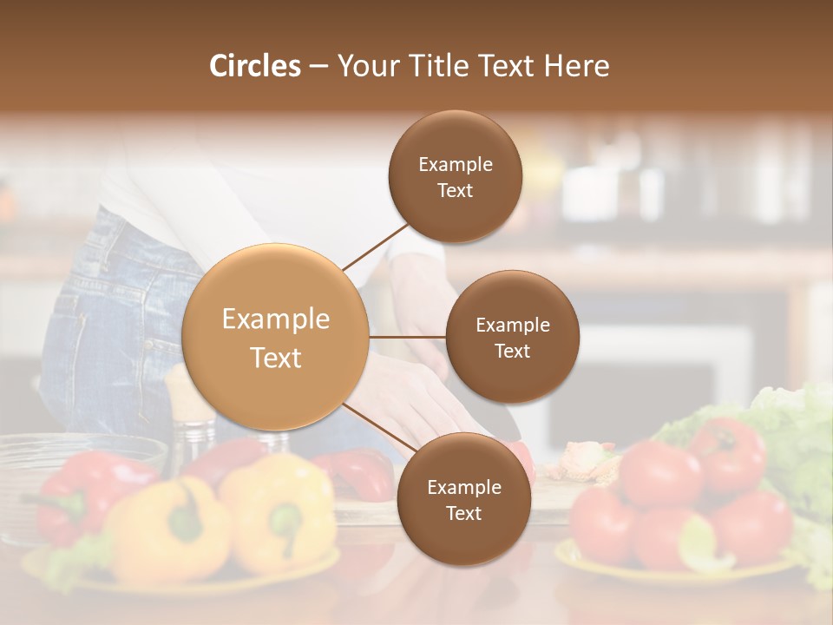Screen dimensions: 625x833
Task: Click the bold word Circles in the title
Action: click(x=255, y=66)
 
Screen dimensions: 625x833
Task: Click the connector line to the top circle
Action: click(x=375, y=247)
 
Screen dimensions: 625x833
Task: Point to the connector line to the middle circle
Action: click(x=408, y=337)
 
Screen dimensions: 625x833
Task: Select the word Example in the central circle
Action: click(x=276, y=319)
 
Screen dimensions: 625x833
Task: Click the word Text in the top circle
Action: click(x=456, y=190)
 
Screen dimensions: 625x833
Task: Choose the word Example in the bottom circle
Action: click(x=464, y=488)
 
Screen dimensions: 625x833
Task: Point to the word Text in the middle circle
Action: click(x=512, y=351)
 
